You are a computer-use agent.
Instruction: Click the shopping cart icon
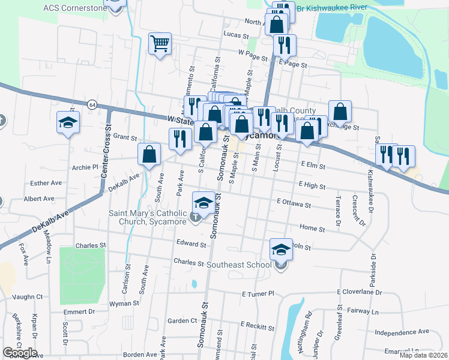(159, 43)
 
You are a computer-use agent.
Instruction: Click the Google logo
(20, 353)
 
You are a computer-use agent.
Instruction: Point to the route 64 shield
(92, 104)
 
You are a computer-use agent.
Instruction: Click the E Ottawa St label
(294, 205)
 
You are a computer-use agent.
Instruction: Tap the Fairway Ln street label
(366, 312)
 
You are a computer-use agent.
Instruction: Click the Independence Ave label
(402, 331)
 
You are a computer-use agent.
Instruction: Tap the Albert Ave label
(39, 199)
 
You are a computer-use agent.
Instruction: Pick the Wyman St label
(125, 304)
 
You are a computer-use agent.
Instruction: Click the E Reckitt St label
(257, 325)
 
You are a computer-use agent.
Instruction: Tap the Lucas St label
(236, 36)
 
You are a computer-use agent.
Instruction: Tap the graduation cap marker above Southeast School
(280, 249)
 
